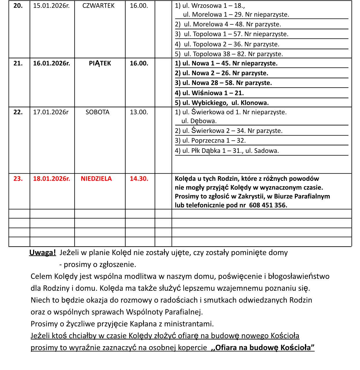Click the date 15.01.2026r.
[x=51, y=6]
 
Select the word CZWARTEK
[x=99, y=6]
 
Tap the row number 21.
[x=18, y=63]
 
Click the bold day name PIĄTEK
[x=100, y=63]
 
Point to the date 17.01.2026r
[x=51, y=112]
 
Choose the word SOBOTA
[x=97, y=112]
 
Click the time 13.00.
[x=139, y=112]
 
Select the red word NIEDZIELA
[x=96, y=179]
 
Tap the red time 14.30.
[x=139, y=179]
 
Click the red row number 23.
[x=18, y=179]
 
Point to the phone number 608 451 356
[x=268, y=205]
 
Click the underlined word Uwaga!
[x=42, y=253]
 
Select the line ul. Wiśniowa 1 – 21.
[x=209, y=93]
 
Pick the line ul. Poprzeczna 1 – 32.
[x=210, y=141]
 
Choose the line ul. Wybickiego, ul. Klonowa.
[x=222, y=103]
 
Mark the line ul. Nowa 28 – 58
[x=223, y=83]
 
